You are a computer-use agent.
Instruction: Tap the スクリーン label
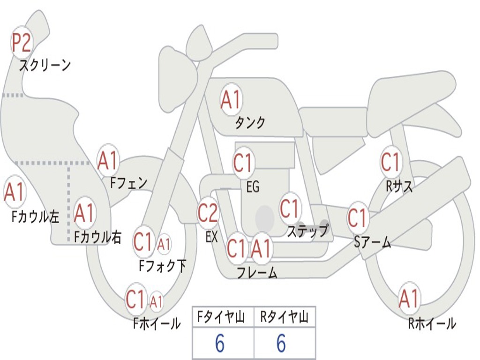coord(45,65)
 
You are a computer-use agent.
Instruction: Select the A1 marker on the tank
coord(231,99)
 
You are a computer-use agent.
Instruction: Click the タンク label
coord(250,123)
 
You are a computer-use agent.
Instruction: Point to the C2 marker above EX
coord(208,213)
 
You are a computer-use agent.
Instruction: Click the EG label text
coord(253,187)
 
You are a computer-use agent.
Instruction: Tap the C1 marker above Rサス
coord(390,162)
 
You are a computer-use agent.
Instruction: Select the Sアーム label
coord(373,242)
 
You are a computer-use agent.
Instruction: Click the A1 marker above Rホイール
coord(409,299)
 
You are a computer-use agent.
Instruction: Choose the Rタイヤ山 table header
coord(285,317)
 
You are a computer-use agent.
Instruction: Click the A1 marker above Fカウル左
coord(14,192)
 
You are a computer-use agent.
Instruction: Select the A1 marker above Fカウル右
coord(84,212)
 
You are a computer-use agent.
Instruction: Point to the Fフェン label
coord(129,183)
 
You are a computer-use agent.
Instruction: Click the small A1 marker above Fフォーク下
coord(164,244)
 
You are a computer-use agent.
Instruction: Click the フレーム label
coord(257,272)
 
